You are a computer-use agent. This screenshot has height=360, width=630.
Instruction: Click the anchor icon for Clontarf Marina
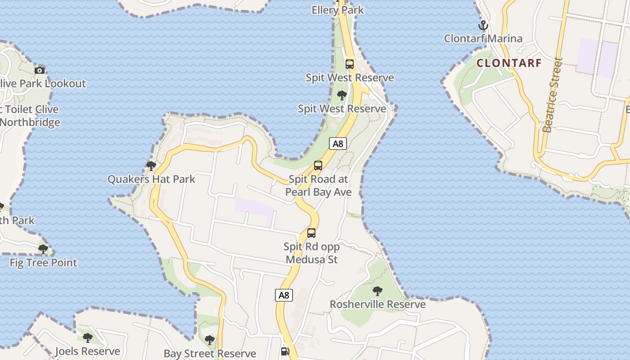coord(483,25)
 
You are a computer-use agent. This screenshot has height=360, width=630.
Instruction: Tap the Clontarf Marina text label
coord(483,39)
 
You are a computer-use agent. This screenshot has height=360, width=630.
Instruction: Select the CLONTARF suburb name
coord(508,63)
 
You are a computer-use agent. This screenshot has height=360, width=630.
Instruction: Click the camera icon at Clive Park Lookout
coord(40,70)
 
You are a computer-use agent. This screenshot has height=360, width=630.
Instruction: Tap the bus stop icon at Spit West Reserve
coord(350,64)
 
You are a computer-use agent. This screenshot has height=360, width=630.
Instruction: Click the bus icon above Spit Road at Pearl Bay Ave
coord(318,166)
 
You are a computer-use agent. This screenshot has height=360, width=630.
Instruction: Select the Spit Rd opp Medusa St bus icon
coord(311,233)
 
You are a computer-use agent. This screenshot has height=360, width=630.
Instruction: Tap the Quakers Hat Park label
coord(151,179)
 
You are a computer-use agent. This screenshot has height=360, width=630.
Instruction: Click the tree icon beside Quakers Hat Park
coord(151,166)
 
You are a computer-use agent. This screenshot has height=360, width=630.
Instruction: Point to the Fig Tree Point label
coord(43,262)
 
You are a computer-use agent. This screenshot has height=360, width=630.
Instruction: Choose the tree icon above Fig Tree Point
coord(43,249)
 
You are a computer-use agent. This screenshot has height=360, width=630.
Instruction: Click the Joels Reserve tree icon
coord(87,337)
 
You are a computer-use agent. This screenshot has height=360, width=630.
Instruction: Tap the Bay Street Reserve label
coord(210,353)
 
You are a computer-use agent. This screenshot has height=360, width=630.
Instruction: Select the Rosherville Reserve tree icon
coord(378,291)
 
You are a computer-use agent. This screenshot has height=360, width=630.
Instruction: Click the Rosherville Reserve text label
coord(378,304)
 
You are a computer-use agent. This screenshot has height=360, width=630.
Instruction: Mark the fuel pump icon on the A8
coord(285,351)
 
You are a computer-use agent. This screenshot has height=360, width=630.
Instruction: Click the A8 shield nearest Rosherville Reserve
coord(283,295)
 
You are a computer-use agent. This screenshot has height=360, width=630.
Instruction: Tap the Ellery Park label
coord(337,9)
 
